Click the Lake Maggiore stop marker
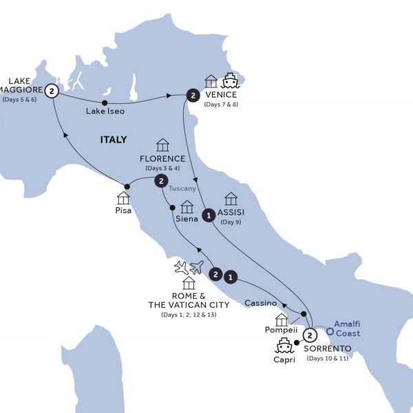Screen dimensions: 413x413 tap(51, 89)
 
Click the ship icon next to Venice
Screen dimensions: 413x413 tap(229, 81)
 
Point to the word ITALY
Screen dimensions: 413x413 tap(114, 140)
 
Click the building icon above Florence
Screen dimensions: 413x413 tap(162, 145)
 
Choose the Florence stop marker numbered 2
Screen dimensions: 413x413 tap(160, 181)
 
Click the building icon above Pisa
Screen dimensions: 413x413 tap(123, 198)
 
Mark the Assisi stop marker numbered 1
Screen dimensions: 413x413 tap(208, 216)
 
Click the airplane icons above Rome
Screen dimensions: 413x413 tap(188, 267)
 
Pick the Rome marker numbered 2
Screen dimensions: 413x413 tap(216, 275)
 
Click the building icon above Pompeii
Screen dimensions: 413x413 tap(281, 319)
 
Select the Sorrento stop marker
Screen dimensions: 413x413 tap(310, 335)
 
